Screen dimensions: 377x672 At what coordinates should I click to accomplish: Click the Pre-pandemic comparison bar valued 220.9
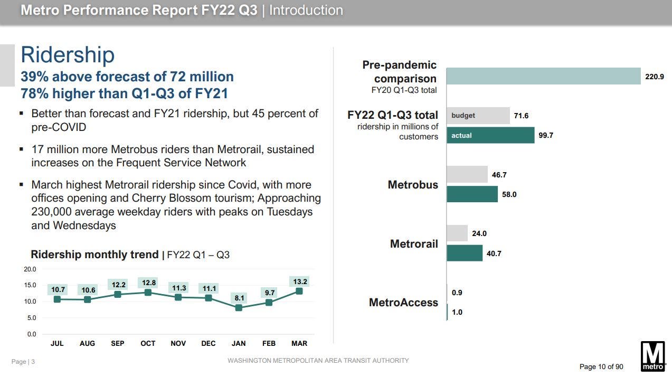543,76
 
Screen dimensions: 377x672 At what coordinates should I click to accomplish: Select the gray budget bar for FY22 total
478,116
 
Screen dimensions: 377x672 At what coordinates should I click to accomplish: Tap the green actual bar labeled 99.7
490,135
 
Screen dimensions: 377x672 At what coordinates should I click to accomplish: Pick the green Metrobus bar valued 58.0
472,194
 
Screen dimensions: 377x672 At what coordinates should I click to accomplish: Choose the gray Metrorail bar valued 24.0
457,233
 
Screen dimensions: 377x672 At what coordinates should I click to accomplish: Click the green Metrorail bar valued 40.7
465,253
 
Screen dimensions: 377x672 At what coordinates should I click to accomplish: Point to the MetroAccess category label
403,303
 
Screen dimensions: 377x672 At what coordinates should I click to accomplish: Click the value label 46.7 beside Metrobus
499,175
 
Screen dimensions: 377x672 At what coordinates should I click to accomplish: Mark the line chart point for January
239,307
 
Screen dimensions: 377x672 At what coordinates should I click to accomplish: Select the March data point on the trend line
299,291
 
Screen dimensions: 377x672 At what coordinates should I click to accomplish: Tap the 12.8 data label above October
149,283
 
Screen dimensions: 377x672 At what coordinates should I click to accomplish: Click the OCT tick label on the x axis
148,343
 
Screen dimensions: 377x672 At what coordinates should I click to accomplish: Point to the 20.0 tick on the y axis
31,269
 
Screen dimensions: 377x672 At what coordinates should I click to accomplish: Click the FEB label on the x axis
269,343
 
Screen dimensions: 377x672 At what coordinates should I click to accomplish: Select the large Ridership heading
68,55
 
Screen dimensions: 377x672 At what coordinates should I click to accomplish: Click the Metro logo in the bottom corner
652,356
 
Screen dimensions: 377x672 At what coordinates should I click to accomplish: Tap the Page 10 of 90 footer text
601,366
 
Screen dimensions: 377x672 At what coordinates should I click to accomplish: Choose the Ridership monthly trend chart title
94,255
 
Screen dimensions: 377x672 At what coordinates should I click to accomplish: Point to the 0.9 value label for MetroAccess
457,293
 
